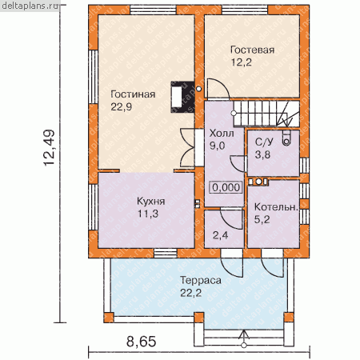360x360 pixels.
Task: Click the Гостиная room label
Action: [133, 94]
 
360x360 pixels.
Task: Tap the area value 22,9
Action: [122, 107]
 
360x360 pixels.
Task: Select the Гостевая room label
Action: [252, 50]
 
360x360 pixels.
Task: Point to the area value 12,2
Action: [241, 62]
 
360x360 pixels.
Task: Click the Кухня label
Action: [150, 201]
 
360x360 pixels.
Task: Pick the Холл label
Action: [222, 134]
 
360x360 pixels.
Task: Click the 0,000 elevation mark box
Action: [226, 187]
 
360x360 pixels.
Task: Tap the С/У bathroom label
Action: [264, 142]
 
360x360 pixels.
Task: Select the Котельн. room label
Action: [276, 207]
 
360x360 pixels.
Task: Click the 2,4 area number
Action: [220, 235]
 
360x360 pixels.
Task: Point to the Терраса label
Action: [201, 281]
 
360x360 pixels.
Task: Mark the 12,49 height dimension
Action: [49, 148]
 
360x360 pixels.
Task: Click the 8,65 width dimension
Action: [141, 342]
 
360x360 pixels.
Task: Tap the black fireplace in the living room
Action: [182, 97]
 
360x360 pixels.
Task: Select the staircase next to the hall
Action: [266, 114]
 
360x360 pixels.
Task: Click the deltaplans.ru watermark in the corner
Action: [30, 6]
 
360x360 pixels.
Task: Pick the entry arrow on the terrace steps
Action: [243, 338]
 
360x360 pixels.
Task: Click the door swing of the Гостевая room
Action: [218, 89]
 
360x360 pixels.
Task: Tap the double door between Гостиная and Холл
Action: [187, 147]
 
